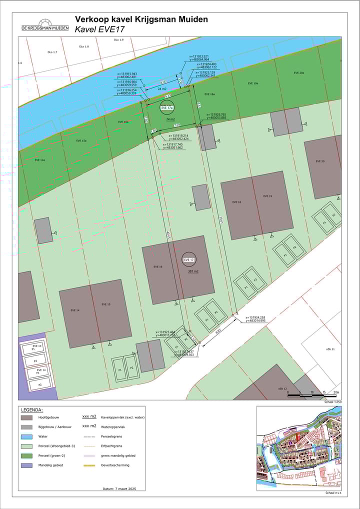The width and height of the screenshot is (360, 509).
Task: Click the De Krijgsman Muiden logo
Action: coord(45,25)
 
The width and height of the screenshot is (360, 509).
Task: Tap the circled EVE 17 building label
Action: coord(189,260)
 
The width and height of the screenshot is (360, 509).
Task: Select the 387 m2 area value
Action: coord(193,271)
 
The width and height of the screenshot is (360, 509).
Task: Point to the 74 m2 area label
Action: coord(170,119)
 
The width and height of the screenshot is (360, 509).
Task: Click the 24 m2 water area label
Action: coord(162,88)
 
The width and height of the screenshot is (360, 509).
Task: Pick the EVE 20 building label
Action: coord(320,161)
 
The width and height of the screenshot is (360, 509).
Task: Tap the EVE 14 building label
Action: coord(74,310)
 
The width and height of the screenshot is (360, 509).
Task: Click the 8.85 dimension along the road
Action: coord(218,331)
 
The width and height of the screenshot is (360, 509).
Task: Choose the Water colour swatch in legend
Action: coord(26,436)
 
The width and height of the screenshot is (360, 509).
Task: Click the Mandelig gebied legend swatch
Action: coord(26,464)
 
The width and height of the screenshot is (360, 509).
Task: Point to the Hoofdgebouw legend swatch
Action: coord(26,417)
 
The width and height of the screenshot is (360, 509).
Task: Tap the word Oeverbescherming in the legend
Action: coord(115,464)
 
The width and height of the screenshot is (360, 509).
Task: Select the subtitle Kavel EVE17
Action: coord(99,29)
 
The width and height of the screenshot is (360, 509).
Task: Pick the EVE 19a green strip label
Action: coord(252,83)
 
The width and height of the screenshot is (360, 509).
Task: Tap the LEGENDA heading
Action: coord(31,409)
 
